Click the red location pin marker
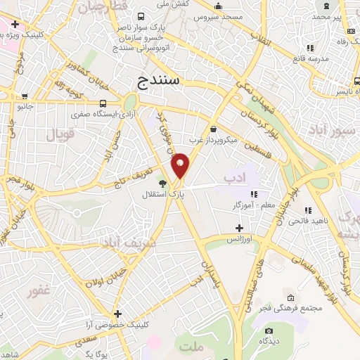point(181,165)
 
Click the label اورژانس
point(238,240)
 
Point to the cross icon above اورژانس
point(239,228)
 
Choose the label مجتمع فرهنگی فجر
point(290,308)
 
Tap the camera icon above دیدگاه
point(267,330)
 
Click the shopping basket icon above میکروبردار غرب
point(214,129)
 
